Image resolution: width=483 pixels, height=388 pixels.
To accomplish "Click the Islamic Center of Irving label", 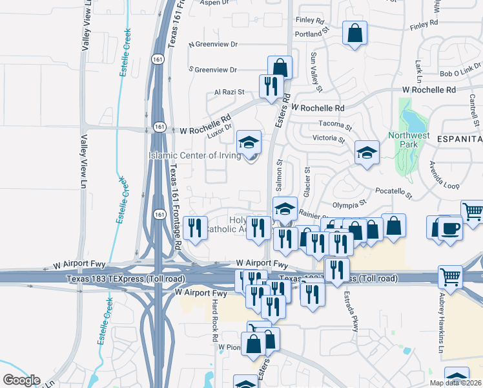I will pos(194,155).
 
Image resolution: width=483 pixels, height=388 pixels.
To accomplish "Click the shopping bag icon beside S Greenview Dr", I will pos(280,67).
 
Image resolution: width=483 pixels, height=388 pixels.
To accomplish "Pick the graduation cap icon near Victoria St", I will pos(367,153).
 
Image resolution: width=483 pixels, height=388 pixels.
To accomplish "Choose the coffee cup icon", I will pos(450,228).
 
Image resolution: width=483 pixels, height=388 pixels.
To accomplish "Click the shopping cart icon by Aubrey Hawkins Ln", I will pos(450,277).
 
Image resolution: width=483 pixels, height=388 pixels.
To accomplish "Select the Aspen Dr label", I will pos(216,3).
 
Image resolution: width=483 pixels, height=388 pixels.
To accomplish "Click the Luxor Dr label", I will pos(219,130).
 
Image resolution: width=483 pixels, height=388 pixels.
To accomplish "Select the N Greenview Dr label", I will pos(213,45).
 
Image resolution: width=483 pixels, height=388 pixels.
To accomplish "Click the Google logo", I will pos(21,380).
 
